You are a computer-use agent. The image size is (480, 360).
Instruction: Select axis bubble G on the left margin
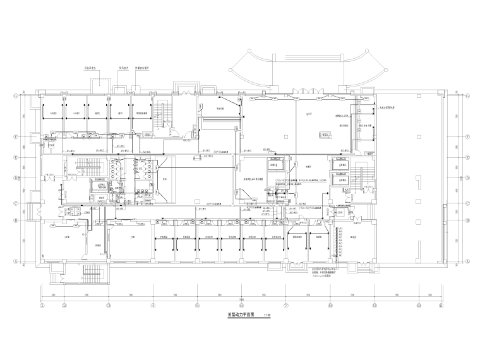click(14, 95)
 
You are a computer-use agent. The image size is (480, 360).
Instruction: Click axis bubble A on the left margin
click(14, 261)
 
